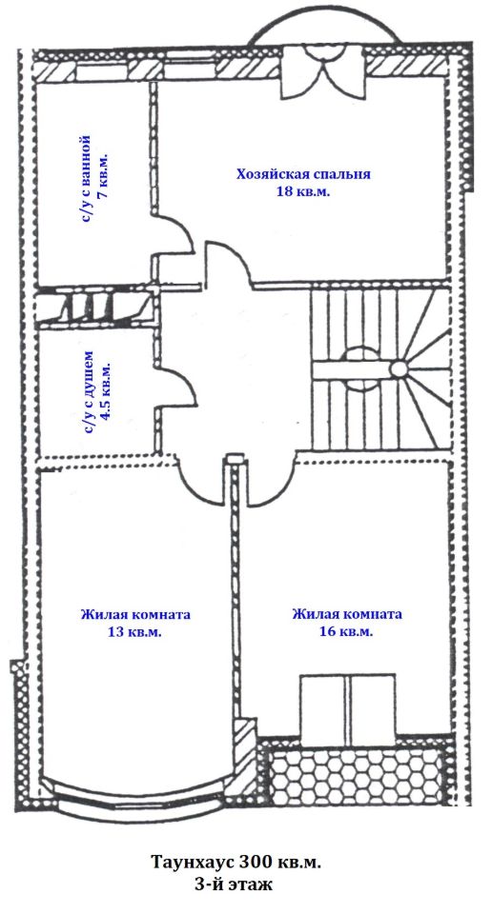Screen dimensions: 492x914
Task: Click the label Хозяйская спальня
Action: point(303,174)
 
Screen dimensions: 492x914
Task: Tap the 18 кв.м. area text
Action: point(303,190)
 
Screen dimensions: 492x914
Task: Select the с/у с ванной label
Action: point(86,181)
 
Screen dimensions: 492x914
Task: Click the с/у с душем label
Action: point(88,392)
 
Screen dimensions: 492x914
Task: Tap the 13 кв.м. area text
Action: point(135,631)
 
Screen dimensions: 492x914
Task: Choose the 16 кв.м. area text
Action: point(347,631)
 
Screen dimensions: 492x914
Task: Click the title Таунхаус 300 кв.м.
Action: point(236,863)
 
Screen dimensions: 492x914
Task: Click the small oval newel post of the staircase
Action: point(399,369)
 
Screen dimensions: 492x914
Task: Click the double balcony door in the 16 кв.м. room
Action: point(348,710)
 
